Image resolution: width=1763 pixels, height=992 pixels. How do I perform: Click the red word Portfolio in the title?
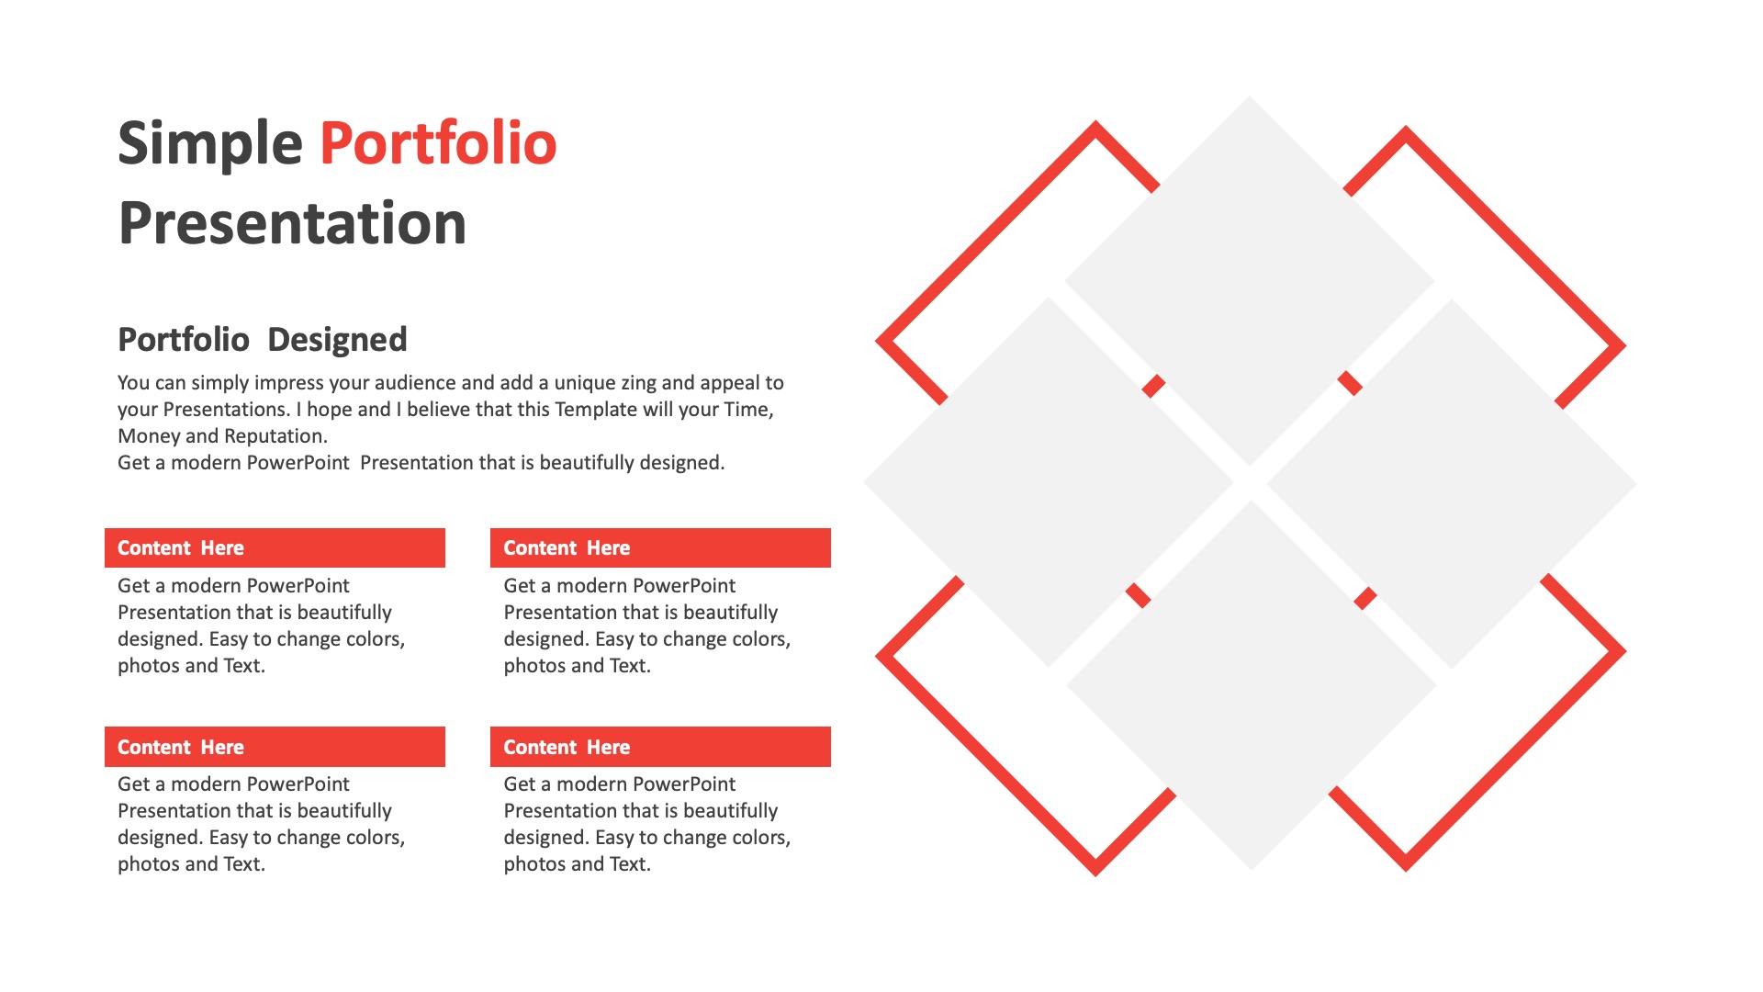(x=438, y=143)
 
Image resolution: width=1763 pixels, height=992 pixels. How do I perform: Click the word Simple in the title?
(x=210, y=145)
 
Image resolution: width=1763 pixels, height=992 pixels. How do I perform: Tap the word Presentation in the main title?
(x=292, y=223)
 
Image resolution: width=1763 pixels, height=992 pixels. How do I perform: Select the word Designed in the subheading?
(x=337, y=340)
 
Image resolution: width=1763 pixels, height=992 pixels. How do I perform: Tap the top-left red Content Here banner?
(x=275, y=547)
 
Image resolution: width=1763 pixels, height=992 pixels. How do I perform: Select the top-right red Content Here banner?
(x=660, y=547)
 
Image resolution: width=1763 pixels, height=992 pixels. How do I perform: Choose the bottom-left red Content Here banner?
(x=275, y=747)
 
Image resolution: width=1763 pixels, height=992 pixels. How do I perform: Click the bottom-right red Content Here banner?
(x=660, y=747)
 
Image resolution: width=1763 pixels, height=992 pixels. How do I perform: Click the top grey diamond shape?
(x=1250, y=281)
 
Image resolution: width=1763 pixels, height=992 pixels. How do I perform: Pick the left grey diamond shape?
(x=1049, y=482)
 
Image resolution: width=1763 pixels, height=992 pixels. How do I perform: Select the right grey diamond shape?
(x=1452, y=483)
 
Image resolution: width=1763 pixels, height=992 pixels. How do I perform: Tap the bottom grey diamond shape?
(x=1251, y=685)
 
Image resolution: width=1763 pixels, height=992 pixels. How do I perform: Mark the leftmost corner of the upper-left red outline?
(x=877, y=341)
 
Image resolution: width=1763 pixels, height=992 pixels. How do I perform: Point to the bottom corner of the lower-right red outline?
(x=1406, y=870)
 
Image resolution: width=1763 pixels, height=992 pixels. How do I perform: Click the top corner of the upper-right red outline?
(x=1406, y=128)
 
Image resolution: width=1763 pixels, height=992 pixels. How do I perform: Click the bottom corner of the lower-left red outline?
(x=1095, y=874)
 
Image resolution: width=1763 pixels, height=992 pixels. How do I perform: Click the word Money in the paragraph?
(x=149, y=437)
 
